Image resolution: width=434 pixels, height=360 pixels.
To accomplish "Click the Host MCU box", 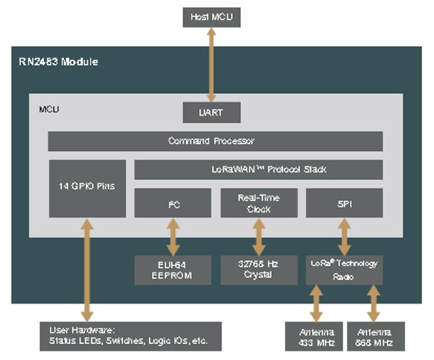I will [210, 15].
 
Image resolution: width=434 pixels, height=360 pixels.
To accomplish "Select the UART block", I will [210, 113].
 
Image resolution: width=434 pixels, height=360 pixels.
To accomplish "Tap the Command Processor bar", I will [215, 141].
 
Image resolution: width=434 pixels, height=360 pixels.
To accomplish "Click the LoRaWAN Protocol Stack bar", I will [258, 170].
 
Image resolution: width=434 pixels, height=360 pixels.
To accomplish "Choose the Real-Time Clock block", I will [258, 202].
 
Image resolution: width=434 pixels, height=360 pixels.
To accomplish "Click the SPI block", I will [344, 202].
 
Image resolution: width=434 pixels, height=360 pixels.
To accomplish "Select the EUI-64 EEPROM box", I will [173, 269].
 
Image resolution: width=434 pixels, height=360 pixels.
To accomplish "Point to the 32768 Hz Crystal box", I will [258, 269].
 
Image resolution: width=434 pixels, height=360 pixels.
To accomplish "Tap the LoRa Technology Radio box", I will [344, 269].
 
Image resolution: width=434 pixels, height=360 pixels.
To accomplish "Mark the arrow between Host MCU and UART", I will [210, 65].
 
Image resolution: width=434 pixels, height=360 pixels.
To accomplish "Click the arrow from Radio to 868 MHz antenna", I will [373, 303].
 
